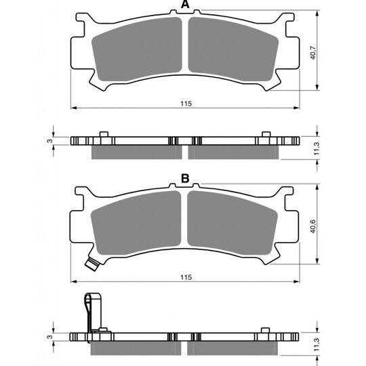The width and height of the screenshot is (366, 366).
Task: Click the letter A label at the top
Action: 185,4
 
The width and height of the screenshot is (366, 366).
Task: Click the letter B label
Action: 185,178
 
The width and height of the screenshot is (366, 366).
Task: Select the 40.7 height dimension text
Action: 312,53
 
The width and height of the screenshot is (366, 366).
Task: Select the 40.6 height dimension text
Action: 312,226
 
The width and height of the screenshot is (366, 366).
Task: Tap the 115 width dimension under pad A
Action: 186,104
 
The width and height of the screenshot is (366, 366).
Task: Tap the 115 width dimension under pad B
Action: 186,277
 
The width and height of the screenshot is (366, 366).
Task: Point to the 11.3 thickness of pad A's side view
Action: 317,148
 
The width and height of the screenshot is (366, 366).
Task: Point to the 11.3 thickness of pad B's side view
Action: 317,344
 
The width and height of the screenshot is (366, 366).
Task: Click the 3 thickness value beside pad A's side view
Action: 50,141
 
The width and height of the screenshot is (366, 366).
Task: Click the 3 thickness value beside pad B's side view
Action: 50,337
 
